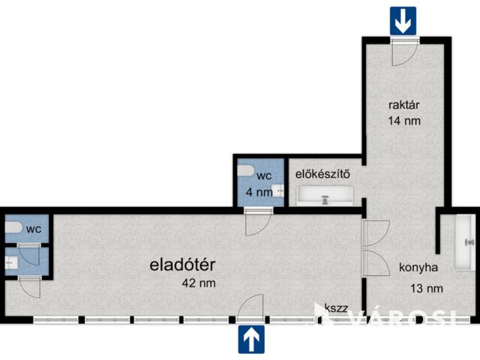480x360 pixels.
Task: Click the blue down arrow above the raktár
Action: (403, 20)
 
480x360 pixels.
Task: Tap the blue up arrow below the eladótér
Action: (252, 339)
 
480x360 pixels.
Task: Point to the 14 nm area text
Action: (403, 121)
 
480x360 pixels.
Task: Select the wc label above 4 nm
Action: (264, 176)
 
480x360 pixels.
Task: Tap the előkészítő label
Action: (322, 175)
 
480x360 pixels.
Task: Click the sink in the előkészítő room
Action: (326, 199)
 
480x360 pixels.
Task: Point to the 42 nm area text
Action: (199, 283)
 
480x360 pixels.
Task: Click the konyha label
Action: (418, 265)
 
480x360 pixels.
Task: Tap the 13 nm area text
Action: (426, 288)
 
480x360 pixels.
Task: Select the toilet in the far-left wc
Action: (13, 227)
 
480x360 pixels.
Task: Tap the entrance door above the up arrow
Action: (252, 307)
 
